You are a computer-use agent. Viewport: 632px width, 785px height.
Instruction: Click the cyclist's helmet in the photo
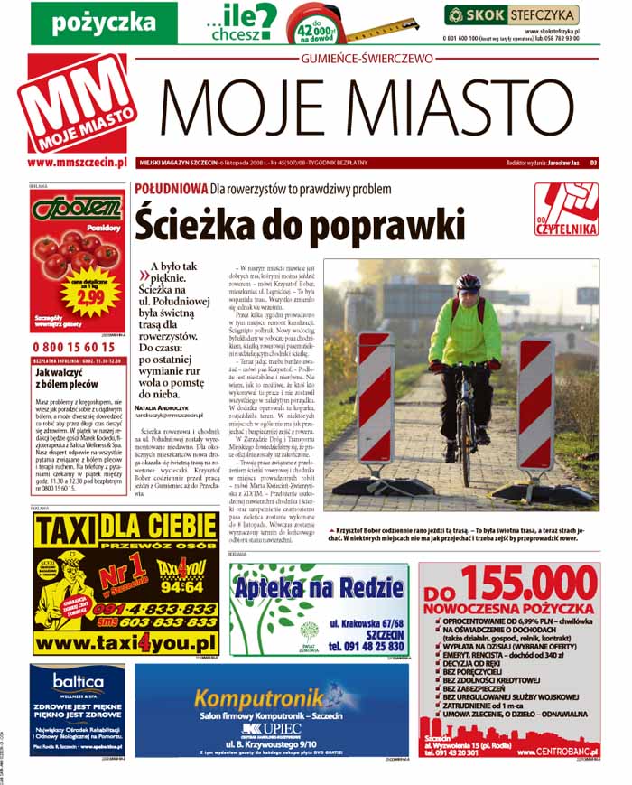pos(469,283)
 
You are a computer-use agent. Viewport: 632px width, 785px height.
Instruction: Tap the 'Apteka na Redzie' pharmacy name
pos(319,589)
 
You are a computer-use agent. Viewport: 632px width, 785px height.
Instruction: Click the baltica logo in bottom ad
pos(77,679)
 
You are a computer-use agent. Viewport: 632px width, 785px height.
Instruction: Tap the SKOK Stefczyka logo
pos(511,14)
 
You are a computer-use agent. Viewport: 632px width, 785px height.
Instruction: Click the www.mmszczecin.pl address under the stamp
pos(77,162)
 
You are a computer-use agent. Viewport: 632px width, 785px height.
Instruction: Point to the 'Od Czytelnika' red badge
pos(566,210)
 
